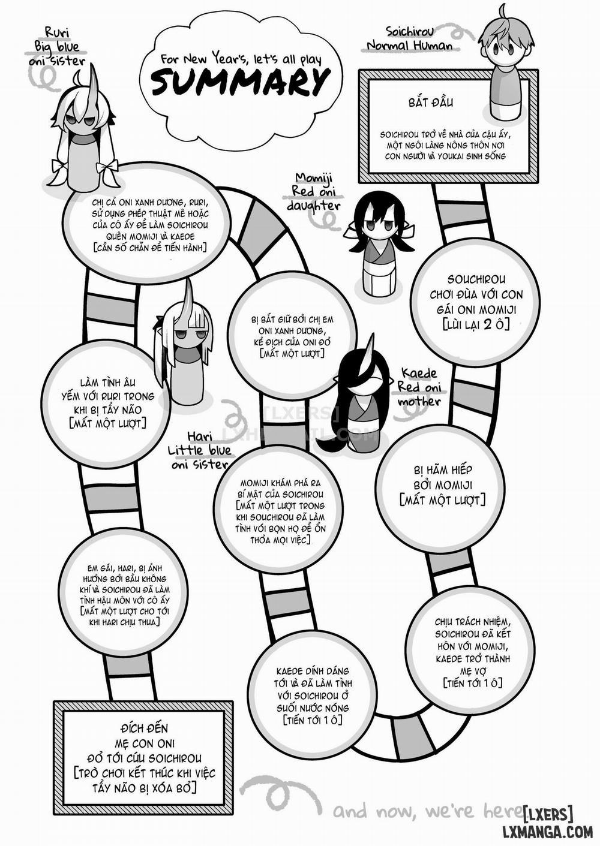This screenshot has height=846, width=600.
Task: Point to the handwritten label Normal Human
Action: [410, 46]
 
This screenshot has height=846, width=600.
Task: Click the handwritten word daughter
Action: [313, 206]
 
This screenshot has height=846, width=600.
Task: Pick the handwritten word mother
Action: [419, 402]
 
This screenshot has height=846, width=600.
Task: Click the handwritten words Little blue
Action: [199, 450]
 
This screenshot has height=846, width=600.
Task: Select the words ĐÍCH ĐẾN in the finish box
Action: [142, 728]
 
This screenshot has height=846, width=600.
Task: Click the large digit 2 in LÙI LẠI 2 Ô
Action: [487, 324]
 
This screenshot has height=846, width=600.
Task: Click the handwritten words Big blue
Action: [57, 47]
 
